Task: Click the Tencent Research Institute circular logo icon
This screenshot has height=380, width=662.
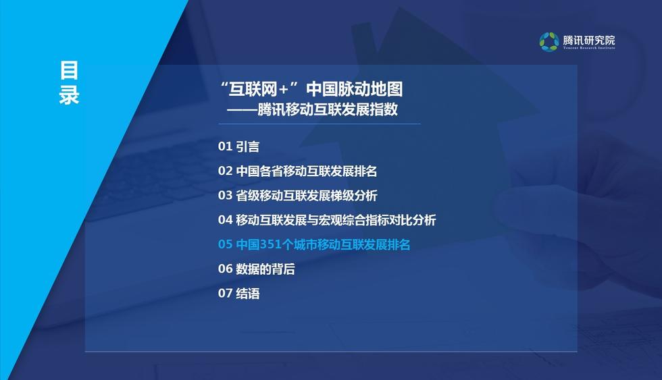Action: [549, 42]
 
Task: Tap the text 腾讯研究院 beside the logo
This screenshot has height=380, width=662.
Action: [588, 40]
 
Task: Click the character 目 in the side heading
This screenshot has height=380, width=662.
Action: [69, 70]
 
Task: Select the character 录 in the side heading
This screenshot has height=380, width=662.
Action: [69, 95]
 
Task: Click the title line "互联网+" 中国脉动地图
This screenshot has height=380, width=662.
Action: [311, 88]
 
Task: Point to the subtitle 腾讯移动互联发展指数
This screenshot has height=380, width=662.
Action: [328, 109]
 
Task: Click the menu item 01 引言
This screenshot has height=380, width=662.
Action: [238, 146]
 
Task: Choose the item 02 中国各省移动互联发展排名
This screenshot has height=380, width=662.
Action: [297, 171]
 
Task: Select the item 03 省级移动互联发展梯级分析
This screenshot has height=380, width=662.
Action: [298, 195]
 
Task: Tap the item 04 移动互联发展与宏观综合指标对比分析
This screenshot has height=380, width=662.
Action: [327, 220]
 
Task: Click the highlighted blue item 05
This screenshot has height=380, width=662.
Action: [313, 244]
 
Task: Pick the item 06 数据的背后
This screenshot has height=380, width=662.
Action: [256, 269]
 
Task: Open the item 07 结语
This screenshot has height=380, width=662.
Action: [238, 293]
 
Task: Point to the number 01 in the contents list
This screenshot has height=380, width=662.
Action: [225, 146]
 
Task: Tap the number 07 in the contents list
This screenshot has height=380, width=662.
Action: [225, 293]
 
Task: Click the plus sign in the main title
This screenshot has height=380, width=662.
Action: [283, 89]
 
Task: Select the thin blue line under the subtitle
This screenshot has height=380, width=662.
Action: [319, 124]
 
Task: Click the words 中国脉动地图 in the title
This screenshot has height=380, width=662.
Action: [354, 88]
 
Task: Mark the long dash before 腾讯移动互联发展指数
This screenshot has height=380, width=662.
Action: [242, 110]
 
